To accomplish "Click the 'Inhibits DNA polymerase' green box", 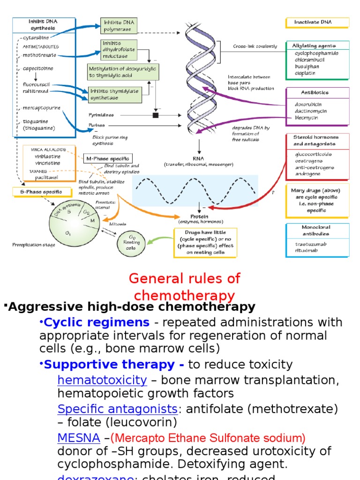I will click(119, 26).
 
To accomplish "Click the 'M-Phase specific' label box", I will click(108, 158).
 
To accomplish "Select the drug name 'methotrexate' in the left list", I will click(39, 55).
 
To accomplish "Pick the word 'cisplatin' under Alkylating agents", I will click(305, 73).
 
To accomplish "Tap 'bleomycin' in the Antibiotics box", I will click(307, 118).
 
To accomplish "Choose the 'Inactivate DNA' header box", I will click(317, 22).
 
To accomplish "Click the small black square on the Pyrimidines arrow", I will click(156, 115).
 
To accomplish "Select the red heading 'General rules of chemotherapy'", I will click(184, 287).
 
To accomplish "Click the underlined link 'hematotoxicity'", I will click(102, 380).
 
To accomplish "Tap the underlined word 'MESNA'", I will click(78, 438).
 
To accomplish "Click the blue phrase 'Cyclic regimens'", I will click(97, 322).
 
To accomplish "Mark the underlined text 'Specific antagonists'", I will click(117, 409).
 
